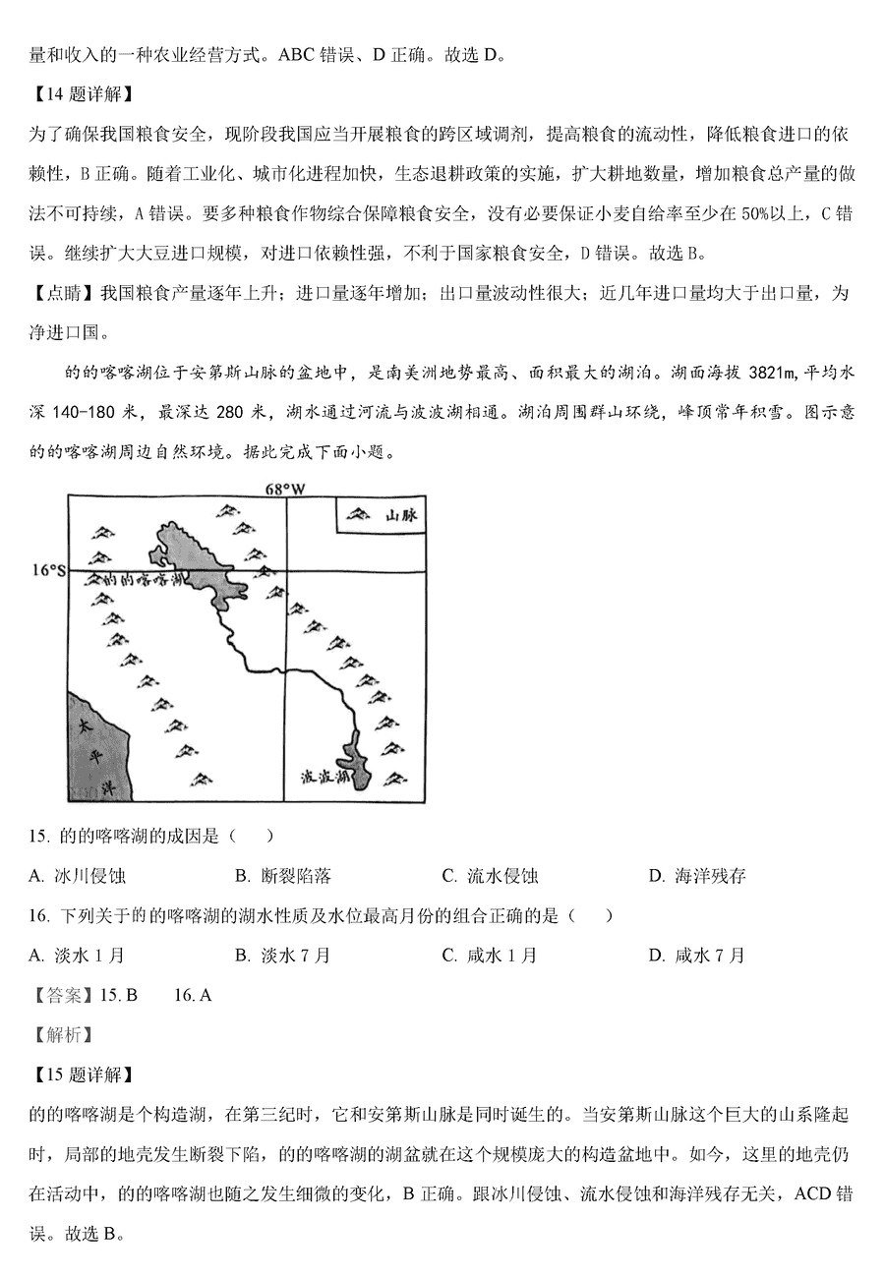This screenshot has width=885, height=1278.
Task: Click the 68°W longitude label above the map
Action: [x=284, y=488]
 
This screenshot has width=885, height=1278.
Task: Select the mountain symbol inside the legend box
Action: [x=359, y=514]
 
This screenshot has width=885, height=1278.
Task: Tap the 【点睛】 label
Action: [x=63, y=293]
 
